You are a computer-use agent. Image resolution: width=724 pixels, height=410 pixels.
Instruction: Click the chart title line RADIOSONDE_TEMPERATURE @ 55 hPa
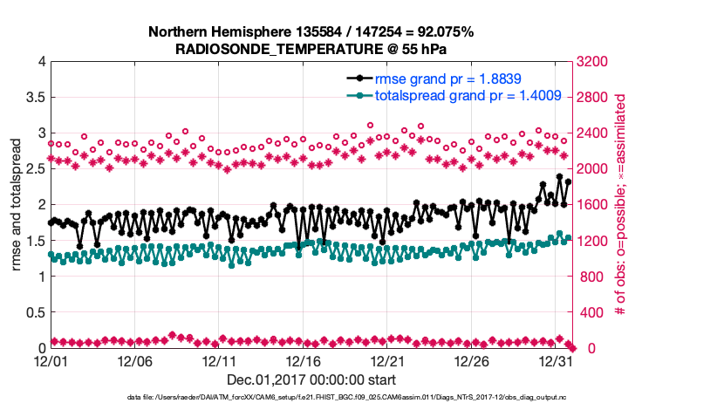(x=311, y=49)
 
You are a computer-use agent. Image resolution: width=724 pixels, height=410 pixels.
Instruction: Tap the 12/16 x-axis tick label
(x=304, y=360)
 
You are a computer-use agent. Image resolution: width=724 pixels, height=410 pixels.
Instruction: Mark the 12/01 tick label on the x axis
(x=51, y=360)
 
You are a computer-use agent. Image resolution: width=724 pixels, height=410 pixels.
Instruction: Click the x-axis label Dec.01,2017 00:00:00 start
(x=311, y=379)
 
